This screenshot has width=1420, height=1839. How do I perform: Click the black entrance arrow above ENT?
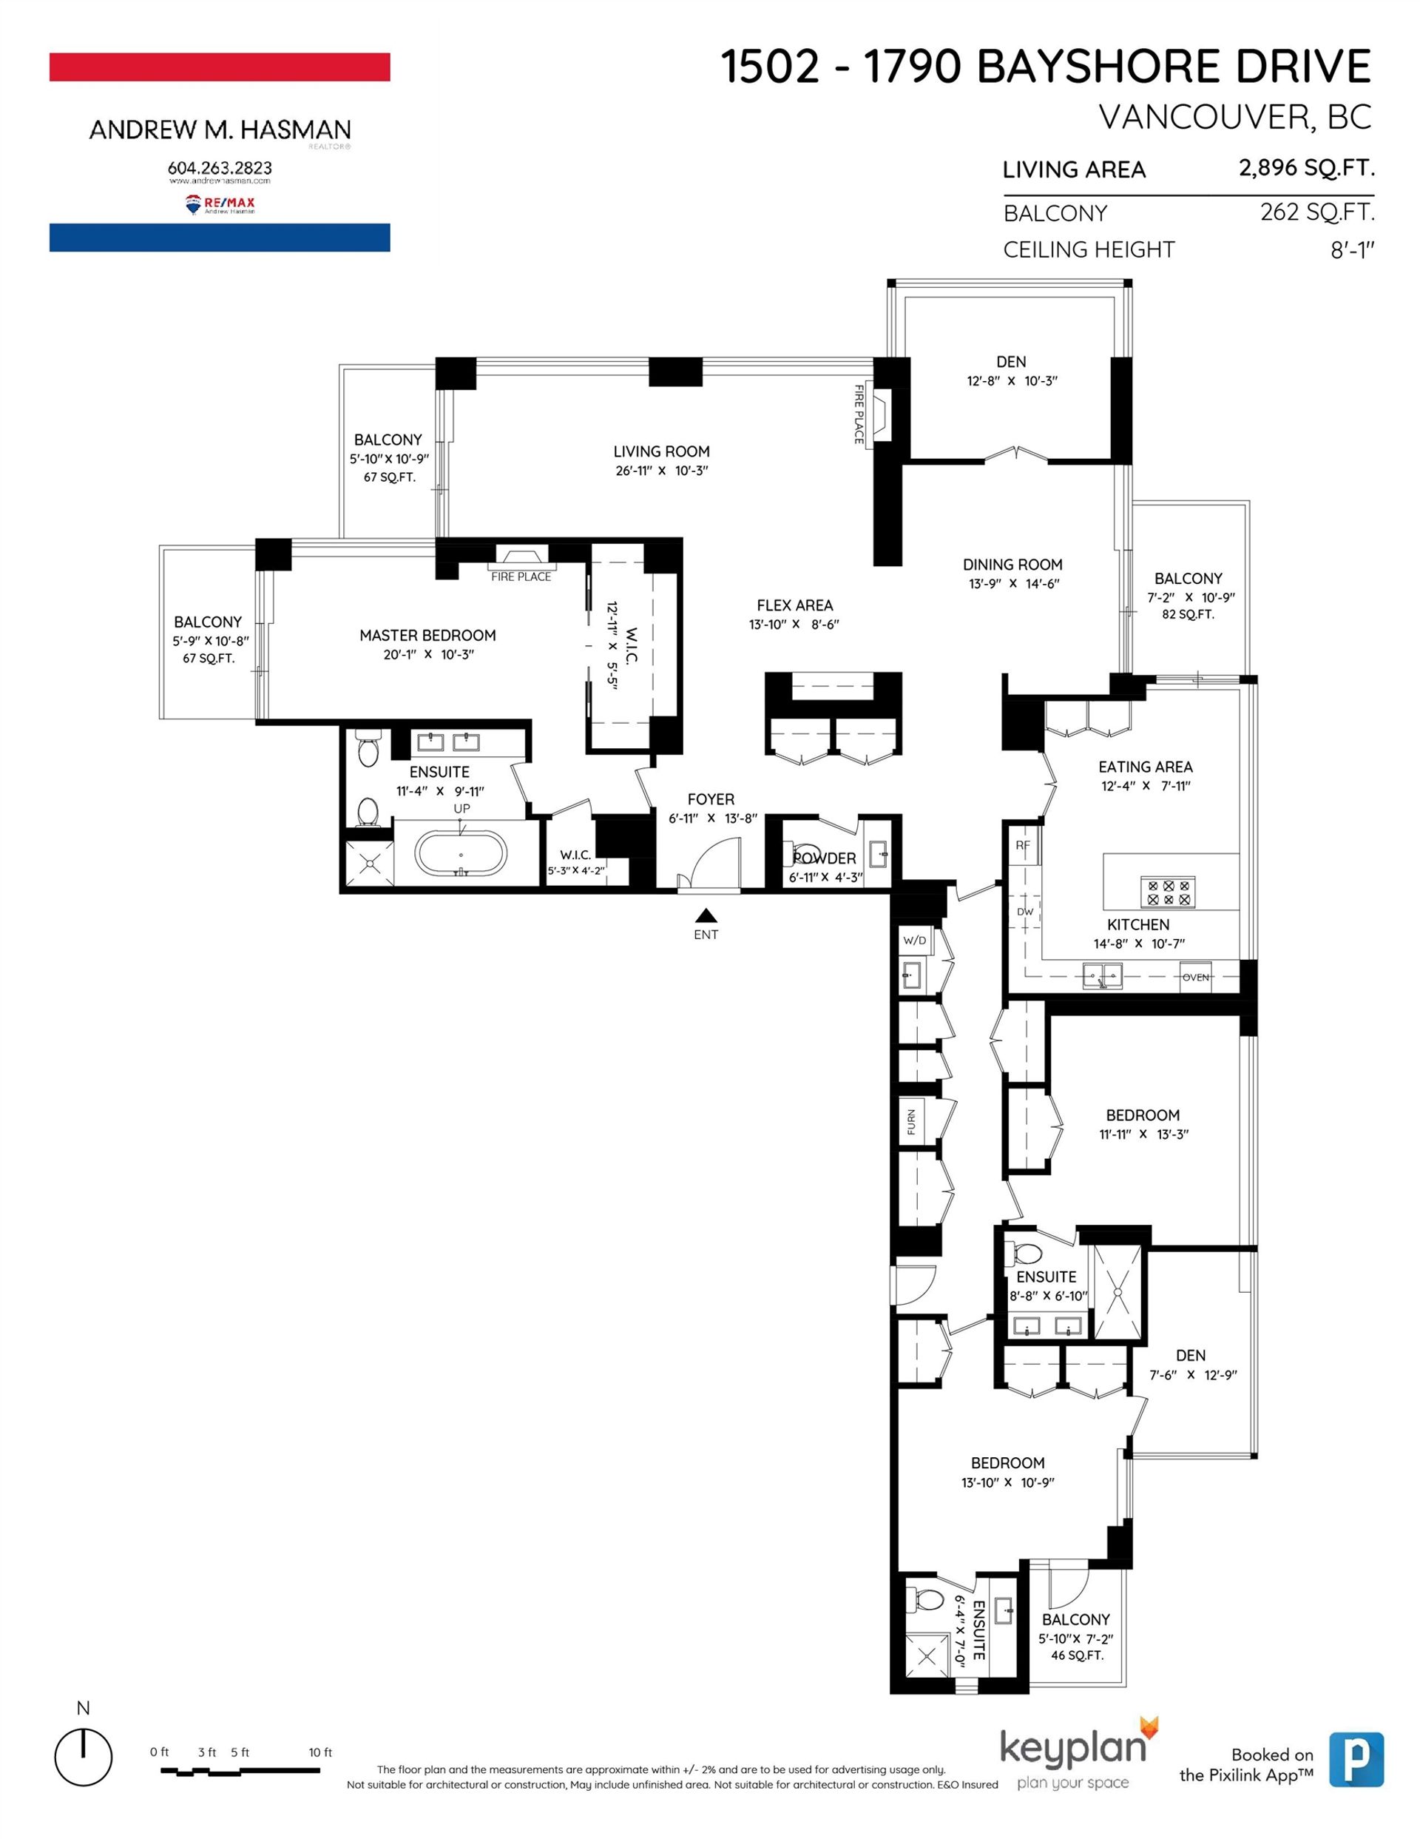[x=706, y=915]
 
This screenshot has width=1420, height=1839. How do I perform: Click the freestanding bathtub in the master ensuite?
[x=461, y=854]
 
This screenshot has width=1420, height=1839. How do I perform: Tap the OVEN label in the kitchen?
[x=1195, y=978]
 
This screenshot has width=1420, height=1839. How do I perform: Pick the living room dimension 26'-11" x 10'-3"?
[x=662, y=471]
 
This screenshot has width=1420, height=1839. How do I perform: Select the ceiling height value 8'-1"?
[x=1352, y=250]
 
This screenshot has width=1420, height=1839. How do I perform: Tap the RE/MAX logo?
[x=220, y=204]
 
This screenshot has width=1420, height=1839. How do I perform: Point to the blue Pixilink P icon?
[x=1356, y=1759]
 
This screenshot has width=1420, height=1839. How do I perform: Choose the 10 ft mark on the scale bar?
[x=319, y=1752]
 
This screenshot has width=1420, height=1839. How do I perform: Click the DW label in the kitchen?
[x=1024, y=912]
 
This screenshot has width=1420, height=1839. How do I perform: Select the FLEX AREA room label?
[x=794, y=605]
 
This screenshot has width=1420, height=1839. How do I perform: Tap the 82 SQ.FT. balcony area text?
[x=1188, y=615]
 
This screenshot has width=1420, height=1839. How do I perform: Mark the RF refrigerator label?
[x=1023, y=844]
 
